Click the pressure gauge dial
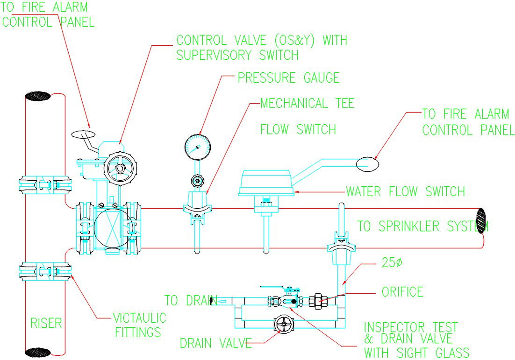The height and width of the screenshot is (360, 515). coord(196,147)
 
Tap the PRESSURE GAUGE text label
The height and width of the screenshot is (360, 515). coord(288,78)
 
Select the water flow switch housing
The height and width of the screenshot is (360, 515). coord(266,183)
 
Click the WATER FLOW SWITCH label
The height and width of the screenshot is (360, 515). coord(405,191)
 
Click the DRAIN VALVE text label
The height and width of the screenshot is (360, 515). coord(216,343)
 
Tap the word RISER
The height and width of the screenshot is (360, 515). coord(46,323)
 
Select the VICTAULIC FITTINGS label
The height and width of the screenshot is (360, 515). coord(139,325)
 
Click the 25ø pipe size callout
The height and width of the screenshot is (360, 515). coord(392,262)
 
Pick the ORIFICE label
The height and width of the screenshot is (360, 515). coord(402,292)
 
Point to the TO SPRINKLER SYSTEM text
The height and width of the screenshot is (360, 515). coord(423,226)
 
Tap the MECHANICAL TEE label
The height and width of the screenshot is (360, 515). coord(307,103)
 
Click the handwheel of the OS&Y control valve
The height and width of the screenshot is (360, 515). coord(121,168)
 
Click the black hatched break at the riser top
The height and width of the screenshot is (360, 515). coord(37,96)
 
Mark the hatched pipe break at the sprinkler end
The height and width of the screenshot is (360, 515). coord(481,220)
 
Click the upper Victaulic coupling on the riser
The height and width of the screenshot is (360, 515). coord(45,184)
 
